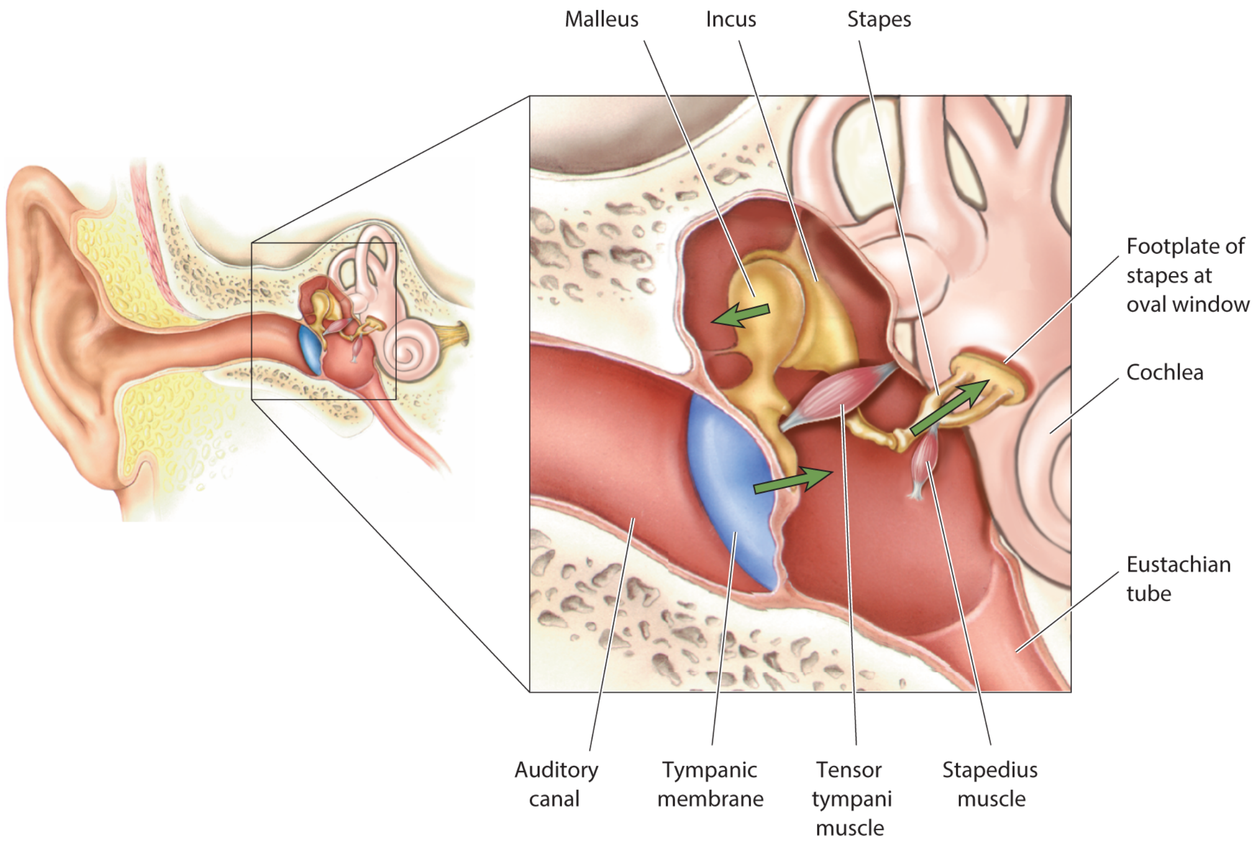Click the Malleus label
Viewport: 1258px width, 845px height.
(x=601, y=20)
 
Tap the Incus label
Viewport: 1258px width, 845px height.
(x=731, y=20)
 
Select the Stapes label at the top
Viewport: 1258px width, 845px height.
(x=879, y=20)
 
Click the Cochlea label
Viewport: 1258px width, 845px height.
(x=1164, y=373)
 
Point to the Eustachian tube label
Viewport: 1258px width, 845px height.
(x=1178, y=579)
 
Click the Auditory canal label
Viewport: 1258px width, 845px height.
(x=556, y=784)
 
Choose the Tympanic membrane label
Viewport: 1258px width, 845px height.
(x=710, y=784)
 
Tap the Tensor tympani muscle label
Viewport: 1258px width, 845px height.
(x=851, y=798)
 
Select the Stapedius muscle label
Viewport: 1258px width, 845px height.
(x=990, y=784)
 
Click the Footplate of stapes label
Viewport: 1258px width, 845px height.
(x=1187, y=275)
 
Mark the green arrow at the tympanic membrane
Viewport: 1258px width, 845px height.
(x=793, y=480)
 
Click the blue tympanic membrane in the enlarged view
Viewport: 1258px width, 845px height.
(x=729, y=488)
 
